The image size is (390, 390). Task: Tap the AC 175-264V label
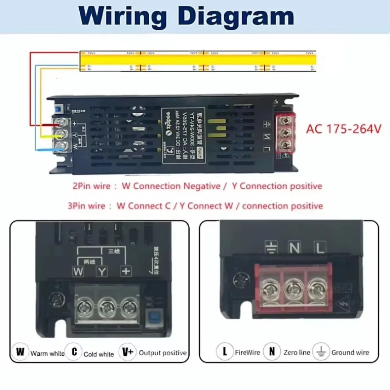coord(343,129)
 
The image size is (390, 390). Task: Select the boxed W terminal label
coord(78,271)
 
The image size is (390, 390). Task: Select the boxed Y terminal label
coord(102,271)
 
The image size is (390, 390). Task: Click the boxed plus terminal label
coord(126,271)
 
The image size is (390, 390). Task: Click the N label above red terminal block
coord(295,248)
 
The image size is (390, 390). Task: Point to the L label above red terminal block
coord(319,248)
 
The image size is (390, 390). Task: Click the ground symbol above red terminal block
coord(272,247)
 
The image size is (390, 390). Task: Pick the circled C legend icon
coord(74,351)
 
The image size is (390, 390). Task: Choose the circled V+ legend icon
coord(128,351)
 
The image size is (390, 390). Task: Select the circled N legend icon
coord(272,351)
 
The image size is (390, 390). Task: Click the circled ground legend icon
coord(321,351)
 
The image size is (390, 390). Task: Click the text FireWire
coord(247,352)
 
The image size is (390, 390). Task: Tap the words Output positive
coord(162,353)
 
